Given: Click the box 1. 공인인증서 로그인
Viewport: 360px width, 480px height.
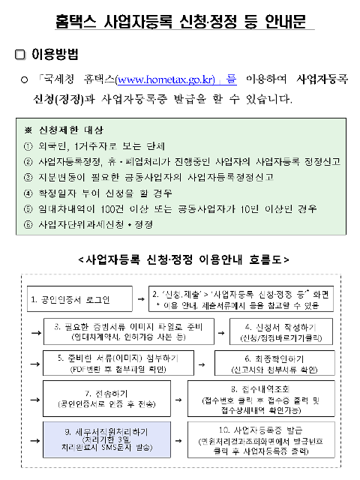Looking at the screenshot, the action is point(79,300).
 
